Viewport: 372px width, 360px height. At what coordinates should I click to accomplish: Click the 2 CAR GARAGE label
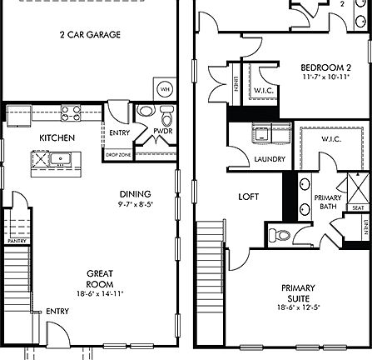(x=90, y=35)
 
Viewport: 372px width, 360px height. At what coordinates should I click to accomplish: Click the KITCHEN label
(x=57, y=137)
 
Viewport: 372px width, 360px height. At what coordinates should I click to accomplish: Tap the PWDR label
(x=162, y=131)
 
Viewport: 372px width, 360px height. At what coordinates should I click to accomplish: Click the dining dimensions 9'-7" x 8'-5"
(x=135, y=202)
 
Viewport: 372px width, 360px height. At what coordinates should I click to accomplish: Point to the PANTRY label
(x=17, y=241)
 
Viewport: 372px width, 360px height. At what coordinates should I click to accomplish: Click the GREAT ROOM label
(x=100, y=278)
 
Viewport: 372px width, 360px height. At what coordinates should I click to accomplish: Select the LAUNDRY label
(x=270, y=159)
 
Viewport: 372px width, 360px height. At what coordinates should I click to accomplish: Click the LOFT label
(x=248, y=197)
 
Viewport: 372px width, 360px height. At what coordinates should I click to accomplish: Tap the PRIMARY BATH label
(x=325, y=202)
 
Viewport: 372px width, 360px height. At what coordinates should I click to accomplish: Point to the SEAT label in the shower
(x=359, y=208)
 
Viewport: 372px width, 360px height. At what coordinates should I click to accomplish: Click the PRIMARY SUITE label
(x=298, y=292)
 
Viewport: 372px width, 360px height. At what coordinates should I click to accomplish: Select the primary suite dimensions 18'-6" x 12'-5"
(x=298, y=307)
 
